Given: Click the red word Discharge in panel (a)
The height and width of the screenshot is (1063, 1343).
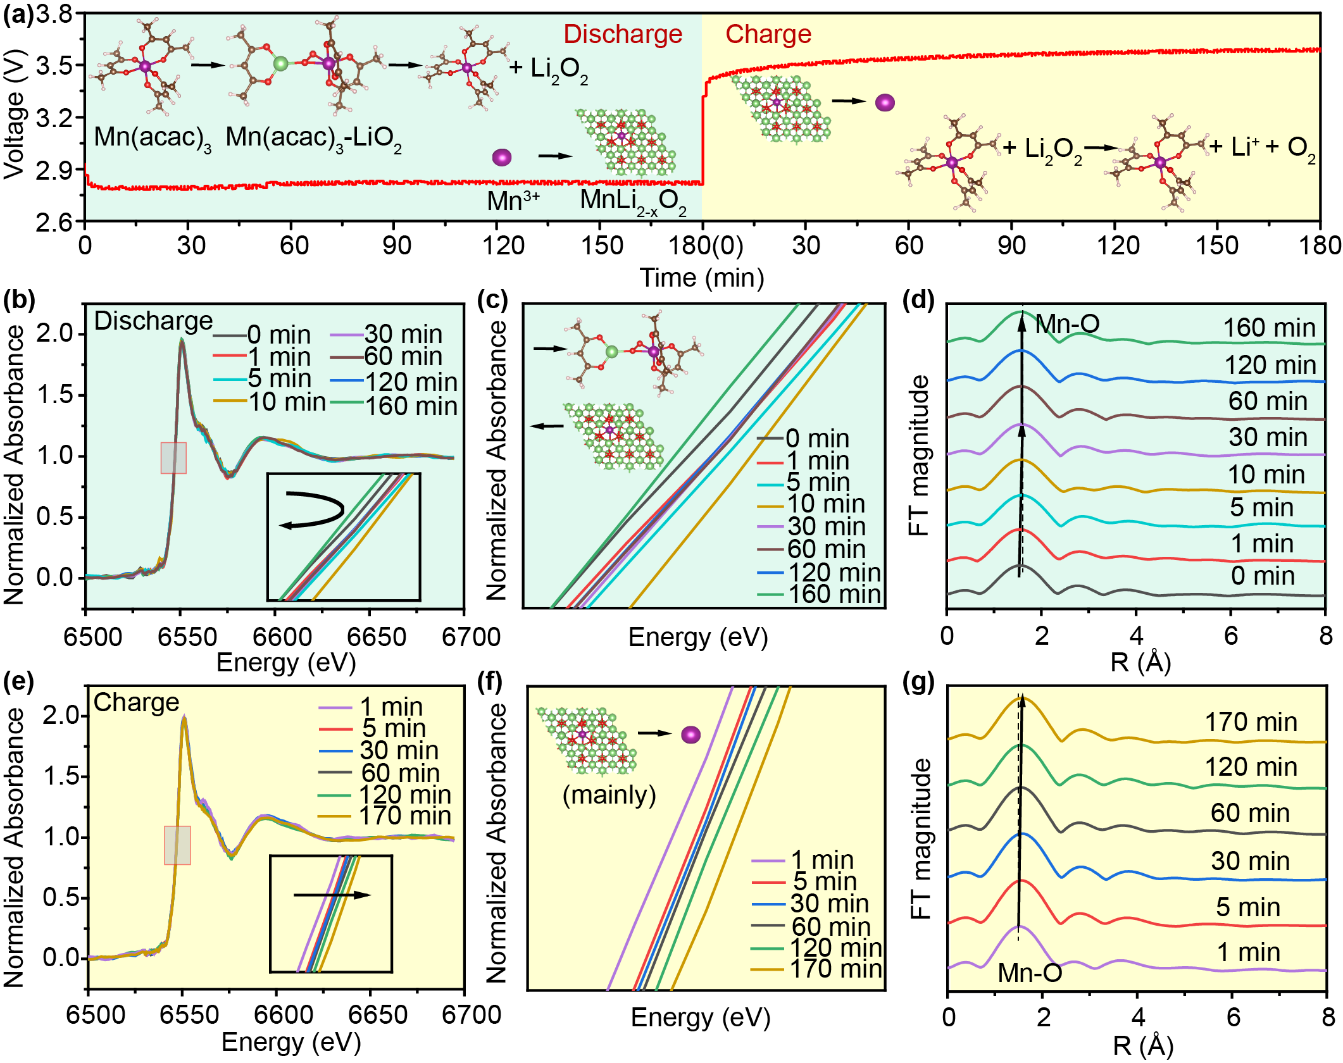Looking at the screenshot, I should (x=623, y=34).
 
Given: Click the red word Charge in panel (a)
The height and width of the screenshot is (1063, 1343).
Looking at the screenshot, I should (x=768, y=34).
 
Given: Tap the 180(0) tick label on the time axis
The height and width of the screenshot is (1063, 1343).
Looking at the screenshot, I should (x=706, y=246).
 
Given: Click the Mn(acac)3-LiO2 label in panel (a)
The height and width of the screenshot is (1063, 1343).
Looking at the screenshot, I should (x=313, y=138).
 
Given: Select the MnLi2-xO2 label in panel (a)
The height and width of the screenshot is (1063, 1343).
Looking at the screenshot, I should (x=633, y=201).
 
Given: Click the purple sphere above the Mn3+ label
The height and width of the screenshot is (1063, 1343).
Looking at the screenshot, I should (x=501, y=157).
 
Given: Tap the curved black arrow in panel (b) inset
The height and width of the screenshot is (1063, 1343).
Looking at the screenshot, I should (x=313, y=511).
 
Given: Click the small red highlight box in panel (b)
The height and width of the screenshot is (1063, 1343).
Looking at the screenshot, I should (x=173, y=457).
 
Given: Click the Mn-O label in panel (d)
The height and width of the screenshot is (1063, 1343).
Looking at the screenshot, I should (x=1067, y=324).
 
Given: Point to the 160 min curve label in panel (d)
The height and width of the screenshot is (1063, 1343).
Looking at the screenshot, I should (x=1269, y=328).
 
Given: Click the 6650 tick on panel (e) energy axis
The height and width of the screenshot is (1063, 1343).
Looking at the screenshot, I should (x=377, y=1015).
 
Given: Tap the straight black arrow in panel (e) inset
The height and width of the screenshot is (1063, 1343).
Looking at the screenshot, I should (x=332, y=895).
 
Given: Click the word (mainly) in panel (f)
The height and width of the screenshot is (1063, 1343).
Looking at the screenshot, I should (x=609, y=795).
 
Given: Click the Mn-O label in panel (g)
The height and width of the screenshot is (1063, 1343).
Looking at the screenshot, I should (x=1030, y=973).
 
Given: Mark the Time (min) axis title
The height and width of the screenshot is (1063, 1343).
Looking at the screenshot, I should (x=701, y=278).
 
